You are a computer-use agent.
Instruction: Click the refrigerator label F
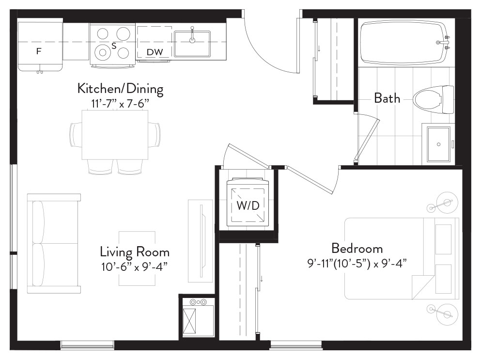point(39,51)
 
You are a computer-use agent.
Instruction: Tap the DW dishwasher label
point(155,52)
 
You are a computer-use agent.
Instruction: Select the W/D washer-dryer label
point(248,205)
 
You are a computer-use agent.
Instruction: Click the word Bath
point(387,98)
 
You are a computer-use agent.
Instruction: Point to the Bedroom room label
point(357,248)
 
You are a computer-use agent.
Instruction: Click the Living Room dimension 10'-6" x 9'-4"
point(134,266)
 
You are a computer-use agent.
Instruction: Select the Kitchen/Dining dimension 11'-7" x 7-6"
point(120,104)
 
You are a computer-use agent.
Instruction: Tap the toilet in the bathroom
point(433,99)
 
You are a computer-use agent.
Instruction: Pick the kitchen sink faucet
point(192,34)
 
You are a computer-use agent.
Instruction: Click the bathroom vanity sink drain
point(439,144)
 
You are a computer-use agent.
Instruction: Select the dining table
point(115,134)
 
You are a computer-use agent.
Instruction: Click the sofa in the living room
point(54,243)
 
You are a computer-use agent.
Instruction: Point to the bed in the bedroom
point(402,258)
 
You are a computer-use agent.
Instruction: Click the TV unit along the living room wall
point(201,241)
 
